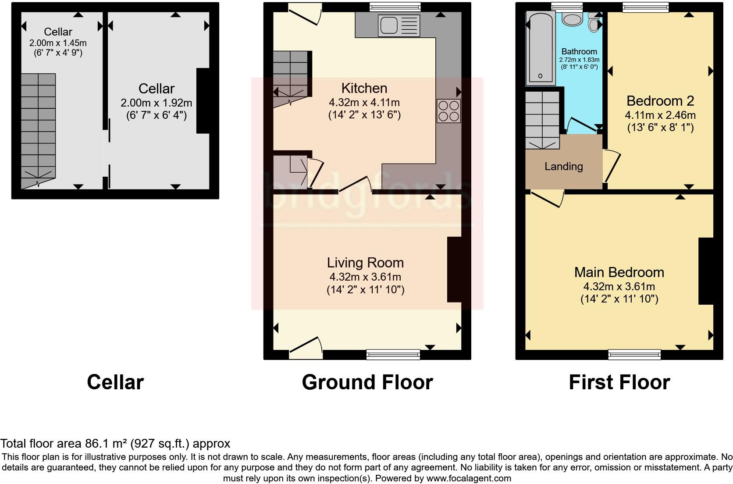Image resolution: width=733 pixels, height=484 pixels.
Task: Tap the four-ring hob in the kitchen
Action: [448, 111]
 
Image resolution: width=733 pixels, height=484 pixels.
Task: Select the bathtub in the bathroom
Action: [540, 48]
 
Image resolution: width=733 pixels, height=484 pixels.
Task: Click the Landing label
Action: [563, 167]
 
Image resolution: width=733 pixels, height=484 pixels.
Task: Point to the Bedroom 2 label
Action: [660, 101]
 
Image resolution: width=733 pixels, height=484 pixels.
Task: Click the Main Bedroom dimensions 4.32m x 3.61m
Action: [619, 287]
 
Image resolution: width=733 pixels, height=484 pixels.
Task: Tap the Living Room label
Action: [365, 263]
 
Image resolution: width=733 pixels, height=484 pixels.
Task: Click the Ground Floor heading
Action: [367, 382]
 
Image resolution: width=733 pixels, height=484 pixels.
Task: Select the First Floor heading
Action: [619, 382]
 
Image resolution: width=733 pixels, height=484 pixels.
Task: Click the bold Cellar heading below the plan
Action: [115, 382]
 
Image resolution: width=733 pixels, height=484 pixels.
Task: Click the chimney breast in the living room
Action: [454, 269]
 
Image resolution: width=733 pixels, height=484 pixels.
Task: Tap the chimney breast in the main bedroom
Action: [706, 271]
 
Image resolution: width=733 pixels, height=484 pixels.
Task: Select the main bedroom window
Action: [634, 354]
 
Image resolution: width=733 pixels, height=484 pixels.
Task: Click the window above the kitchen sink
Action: [395, 6]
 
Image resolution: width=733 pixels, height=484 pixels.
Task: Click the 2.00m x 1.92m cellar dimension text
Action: [156, 103]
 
